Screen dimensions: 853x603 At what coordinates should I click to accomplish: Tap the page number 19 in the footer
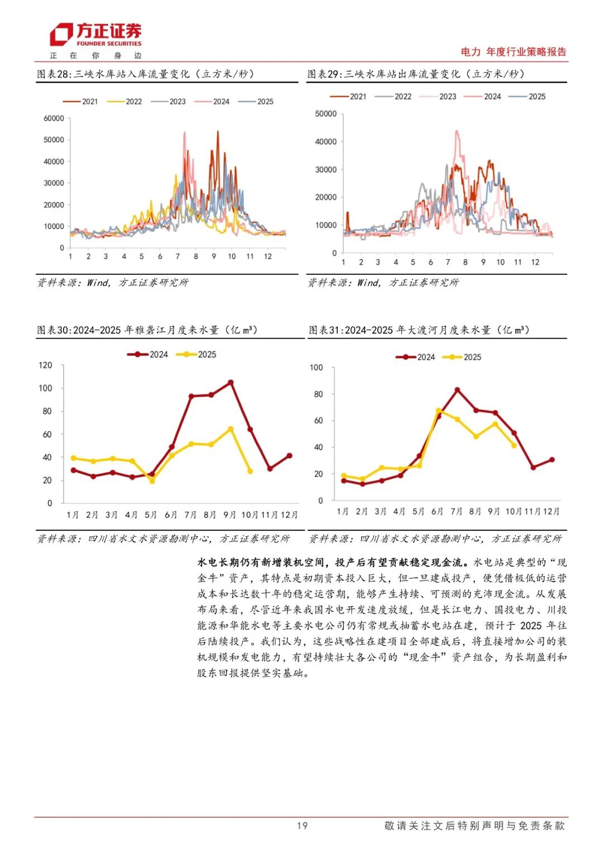point(302,826)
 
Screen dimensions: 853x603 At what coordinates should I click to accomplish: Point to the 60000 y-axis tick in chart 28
point(54,118)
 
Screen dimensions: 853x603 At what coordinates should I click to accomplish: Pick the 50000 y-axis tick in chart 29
point(326,114)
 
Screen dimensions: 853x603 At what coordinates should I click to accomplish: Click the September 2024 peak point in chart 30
point(231,383)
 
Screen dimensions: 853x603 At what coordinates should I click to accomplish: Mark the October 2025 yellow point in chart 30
point(250,471)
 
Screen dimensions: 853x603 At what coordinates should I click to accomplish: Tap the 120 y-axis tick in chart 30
point(45,365)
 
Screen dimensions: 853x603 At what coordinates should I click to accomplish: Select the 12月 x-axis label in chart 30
point(289,514)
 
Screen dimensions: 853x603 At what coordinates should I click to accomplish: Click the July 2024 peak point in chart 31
point(457,389)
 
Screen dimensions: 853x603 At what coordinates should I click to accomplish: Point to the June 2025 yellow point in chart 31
point(438,411)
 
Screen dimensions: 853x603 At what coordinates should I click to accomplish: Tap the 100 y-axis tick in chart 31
point(317,368)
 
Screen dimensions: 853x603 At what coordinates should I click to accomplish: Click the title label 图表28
point(54,74)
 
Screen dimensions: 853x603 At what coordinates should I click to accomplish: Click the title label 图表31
point(326,330)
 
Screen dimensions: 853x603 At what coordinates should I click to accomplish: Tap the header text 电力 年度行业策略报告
point(513,52)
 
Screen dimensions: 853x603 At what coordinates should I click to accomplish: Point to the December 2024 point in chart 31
point(552,460)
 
